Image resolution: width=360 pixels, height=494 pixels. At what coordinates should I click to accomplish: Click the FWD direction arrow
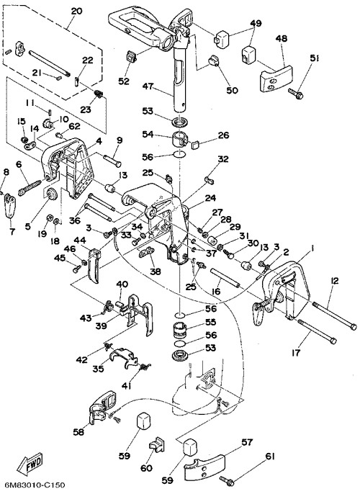pos(30,463)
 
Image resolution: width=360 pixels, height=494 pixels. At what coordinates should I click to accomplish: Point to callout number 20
pos(77,12)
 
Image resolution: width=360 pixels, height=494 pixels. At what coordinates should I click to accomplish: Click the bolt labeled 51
pos(295,93)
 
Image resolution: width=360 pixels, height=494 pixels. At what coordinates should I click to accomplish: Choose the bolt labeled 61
pos(227,480)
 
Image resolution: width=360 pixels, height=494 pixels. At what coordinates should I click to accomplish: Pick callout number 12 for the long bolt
pos(335,280)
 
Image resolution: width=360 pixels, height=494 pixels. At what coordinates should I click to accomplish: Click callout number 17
pos(295,353)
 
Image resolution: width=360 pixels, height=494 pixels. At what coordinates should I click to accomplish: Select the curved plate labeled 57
pos(204,467)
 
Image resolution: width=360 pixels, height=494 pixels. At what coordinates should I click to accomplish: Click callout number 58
pos(78,431)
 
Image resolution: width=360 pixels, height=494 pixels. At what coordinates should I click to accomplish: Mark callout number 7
pos(12,231)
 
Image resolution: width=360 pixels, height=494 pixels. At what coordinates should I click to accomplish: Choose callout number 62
pos(74,126)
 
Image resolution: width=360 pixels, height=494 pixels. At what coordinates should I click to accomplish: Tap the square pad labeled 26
pos(195,145)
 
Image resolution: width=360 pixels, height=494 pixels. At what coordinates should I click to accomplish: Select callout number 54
pos(148,134)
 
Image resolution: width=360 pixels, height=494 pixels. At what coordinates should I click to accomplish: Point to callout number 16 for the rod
pos(216,291)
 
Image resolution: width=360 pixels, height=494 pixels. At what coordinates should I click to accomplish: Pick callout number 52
pos(124,81)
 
